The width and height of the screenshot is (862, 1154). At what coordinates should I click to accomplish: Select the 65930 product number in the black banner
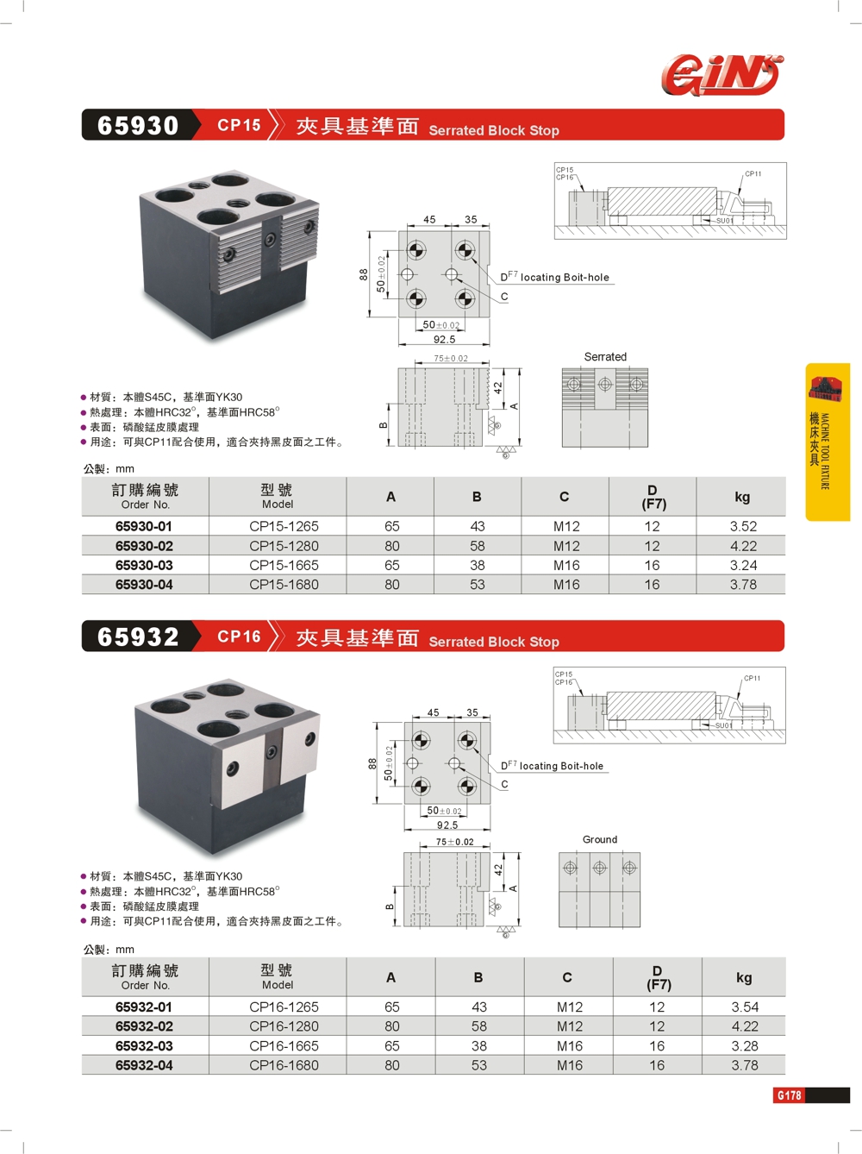pyautogui.click(x=138, y=126)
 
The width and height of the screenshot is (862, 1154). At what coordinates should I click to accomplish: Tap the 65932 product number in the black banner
pyautogui.click(x=138, y=637)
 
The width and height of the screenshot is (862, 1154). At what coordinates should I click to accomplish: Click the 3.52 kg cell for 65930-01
pyautogui.click(x=743, y=526)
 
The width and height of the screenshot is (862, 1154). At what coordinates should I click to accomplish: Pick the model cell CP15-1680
pyautogui.click(x=284, y=584)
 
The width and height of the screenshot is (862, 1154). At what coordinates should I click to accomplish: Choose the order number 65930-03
pyautogui.click(x=144, y=565)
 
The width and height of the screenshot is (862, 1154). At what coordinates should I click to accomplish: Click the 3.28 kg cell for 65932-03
pyautogui.click(x=744, y=1045)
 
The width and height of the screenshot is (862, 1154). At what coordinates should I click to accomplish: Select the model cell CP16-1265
pyautogui.click(x=284, y=1007)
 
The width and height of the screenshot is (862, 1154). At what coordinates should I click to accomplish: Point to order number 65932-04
pyautogui.click(x=144, y=1065)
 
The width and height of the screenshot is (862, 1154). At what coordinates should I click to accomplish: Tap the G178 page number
pyautogui.click(x=789, y=1095)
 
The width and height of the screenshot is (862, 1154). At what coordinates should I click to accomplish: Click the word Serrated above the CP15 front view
pyautogui.click(x=605, y=356)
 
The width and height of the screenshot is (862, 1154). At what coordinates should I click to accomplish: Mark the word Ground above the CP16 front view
pyautogui.click(x=599, y=839)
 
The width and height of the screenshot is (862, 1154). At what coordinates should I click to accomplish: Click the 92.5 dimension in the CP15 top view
pyautogui.click(x=444, y=339)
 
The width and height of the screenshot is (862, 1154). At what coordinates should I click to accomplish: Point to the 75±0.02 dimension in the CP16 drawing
pyautogui.click(x=454, y=842)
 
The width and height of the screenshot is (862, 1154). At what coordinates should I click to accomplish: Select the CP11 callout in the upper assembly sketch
pyautogui.click(x=753, y=173)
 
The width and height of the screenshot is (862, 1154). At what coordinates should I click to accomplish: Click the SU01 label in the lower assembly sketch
pyautogui.click(x=723, y=725)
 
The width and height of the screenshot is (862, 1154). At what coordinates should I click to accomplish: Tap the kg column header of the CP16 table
pyautogui.click(x=744, y=977)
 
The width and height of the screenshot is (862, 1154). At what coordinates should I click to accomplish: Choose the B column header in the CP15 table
pyautogui.click(x=477, y=497)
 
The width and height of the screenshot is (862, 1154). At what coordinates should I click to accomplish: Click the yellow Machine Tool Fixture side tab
pyautogui.click(x=828, y=442)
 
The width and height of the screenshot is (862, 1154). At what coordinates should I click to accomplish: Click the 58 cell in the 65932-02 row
pyautogui.click(x=478, y=1026)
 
